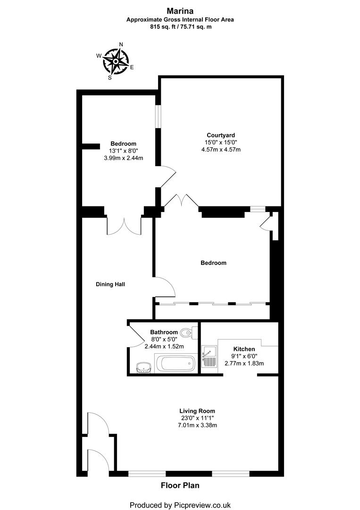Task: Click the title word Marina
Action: [x=180, y=10]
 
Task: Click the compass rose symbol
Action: [x=115, y=61]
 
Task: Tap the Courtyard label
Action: [x=220, y=135]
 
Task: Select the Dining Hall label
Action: [x=110, y=284]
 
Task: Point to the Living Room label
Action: [x=197, y=411]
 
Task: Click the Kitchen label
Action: [x=244, y=349]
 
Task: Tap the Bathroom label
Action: [x=164, y=332]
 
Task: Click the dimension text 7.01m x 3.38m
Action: [x=197, y=425]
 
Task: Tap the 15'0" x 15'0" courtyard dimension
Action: [x=221, y=142]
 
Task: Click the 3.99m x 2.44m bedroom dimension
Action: [x=124, y=158]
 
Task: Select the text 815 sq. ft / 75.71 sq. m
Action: [x=180, y=26]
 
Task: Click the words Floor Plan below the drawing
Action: [x=180, y=485]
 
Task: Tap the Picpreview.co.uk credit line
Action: [x=180, y=505]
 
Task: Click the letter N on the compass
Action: [x=121, y=45]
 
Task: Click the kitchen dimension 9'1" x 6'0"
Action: [x=244, y=356]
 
